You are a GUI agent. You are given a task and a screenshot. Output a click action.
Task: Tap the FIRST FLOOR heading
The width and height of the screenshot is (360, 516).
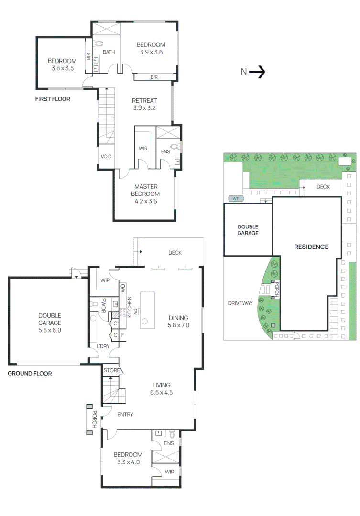[53, 99]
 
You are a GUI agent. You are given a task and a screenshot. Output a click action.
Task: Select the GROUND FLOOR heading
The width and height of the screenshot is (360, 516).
[30, 374]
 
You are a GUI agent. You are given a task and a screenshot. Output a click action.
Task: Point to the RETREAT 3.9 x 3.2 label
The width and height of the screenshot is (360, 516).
[144, 104]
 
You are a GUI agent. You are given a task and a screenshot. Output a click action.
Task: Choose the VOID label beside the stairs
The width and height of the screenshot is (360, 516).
[106, 156]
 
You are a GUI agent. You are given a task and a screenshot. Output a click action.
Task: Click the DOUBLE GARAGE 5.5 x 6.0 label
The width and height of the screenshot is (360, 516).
[50, 322]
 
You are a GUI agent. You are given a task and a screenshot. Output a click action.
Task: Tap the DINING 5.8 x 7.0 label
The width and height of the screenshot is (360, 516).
[178, 321]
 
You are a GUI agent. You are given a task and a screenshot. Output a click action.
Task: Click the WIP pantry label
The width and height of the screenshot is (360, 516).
[104, 280]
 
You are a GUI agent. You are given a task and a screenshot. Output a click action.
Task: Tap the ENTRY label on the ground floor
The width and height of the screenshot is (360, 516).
[125, 415]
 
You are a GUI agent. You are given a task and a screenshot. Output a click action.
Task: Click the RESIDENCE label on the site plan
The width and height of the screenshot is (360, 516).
[311, 247]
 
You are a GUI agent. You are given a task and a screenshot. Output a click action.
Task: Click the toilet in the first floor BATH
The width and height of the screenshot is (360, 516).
[99, 43]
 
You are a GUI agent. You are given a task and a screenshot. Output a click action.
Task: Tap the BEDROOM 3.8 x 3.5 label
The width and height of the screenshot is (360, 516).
[62, 64]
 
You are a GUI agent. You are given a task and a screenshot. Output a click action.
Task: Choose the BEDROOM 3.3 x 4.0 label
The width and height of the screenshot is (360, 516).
[128, 458]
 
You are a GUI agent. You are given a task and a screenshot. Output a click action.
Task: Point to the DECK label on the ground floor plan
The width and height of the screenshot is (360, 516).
[175, 253]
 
